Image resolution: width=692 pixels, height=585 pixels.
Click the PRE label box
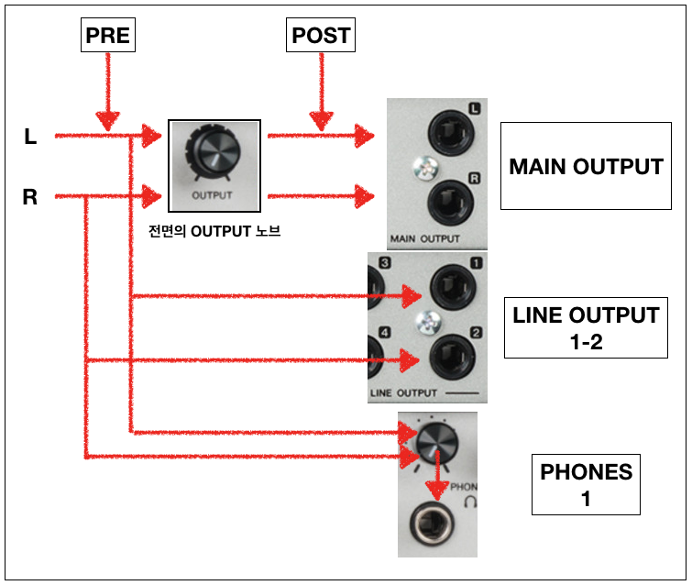[x=108, y=36]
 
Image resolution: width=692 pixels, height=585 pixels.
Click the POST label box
[x=320, y=36]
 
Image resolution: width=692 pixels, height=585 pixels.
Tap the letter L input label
[x=30, y=138]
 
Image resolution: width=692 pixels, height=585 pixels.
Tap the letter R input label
[x=30, y=196]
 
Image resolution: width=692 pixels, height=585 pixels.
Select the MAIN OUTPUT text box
[x=586, y=167]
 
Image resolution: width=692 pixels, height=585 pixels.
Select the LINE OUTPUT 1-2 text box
[x=586, y=327]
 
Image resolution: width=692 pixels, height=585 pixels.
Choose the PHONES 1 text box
[x=586, y=485]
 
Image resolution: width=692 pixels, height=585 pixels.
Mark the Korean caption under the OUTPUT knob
[x=214, y=232]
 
